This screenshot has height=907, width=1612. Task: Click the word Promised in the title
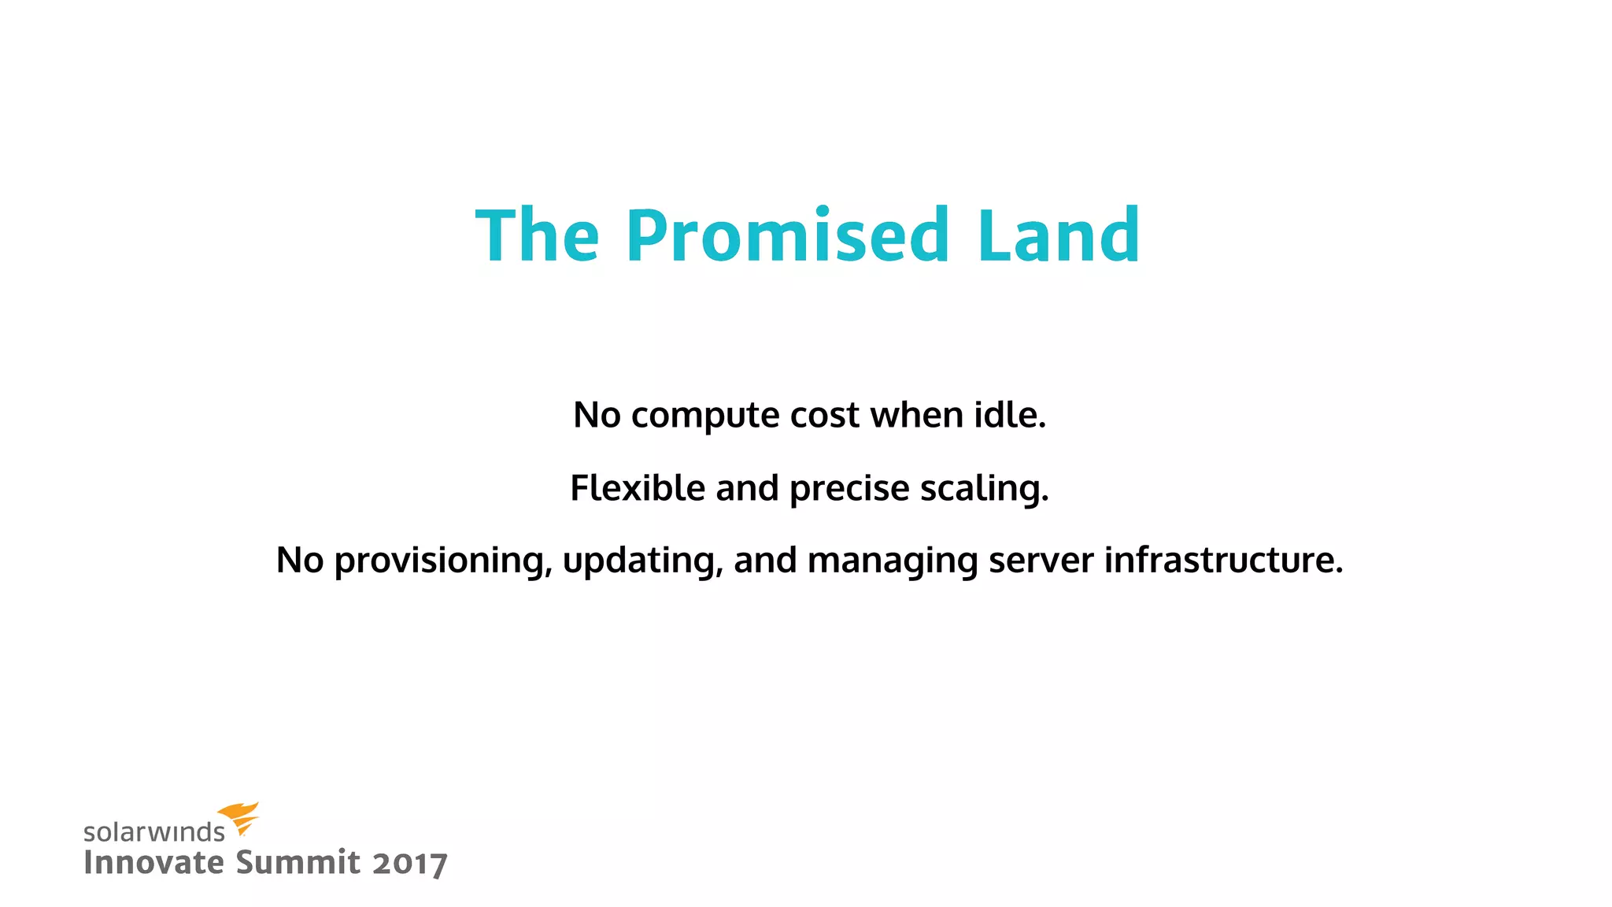click(787, 235)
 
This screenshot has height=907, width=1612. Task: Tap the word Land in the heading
click(1059, 235)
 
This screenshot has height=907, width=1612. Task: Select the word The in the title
click(538, 235)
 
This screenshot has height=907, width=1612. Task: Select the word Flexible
click(638, 487)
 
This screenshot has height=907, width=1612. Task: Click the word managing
click(893, 561)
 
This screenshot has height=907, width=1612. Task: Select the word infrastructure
click(1223, 560)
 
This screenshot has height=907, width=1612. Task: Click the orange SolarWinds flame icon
click(238, 818)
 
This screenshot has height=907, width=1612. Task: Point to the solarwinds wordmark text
click(154, 832)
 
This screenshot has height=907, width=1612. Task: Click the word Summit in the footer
click(298, 862)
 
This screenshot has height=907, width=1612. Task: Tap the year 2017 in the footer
click(410, 864)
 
